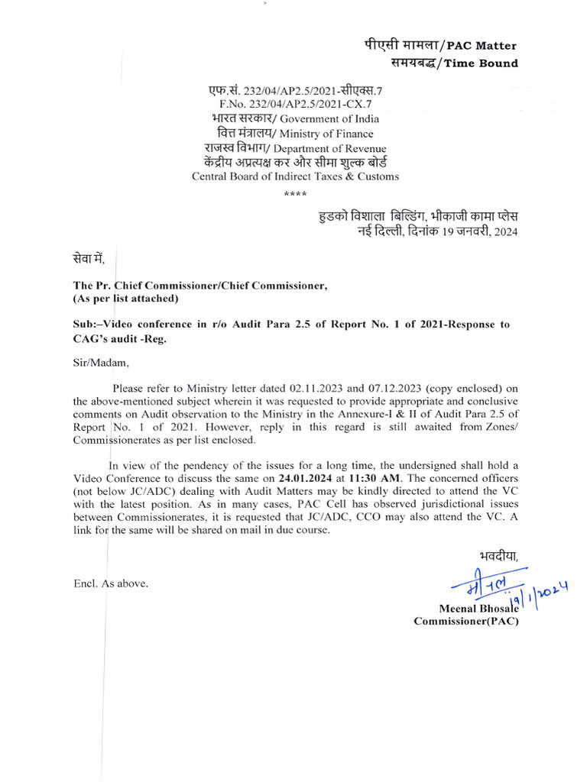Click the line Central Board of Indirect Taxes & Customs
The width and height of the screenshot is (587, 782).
tap(295, 176)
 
